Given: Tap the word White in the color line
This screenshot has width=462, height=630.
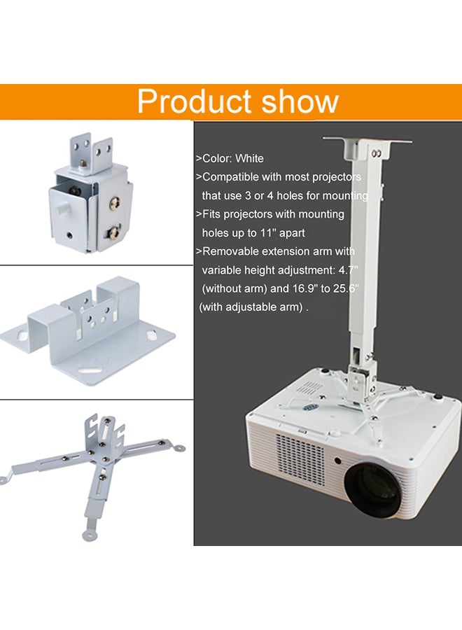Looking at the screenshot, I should pos(249,159).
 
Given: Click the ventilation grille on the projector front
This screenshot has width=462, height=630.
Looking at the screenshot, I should pos(302,458).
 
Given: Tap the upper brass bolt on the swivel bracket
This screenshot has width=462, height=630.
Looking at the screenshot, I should pos(115,204).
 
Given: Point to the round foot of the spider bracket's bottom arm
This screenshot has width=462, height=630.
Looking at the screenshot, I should pos(89,535).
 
